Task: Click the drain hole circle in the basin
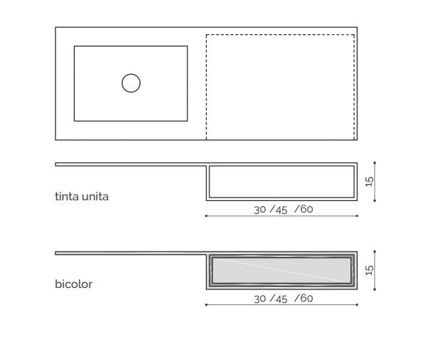130,83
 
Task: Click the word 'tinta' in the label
68,196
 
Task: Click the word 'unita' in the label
96,196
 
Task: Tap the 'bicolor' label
73,284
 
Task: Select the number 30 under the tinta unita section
260,210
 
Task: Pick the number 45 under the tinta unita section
281,210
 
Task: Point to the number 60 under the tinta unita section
306,210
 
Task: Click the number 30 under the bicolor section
260,299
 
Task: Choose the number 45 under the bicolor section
281,299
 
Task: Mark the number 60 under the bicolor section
306,299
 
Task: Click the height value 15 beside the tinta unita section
369,181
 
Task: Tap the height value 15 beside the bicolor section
369,270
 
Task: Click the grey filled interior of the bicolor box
281,272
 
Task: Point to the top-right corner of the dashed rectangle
354,34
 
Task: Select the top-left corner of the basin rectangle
74,46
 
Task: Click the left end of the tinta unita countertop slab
56,164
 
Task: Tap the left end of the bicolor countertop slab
56,253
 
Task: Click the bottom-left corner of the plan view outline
56,140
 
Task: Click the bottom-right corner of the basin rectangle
187,120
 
